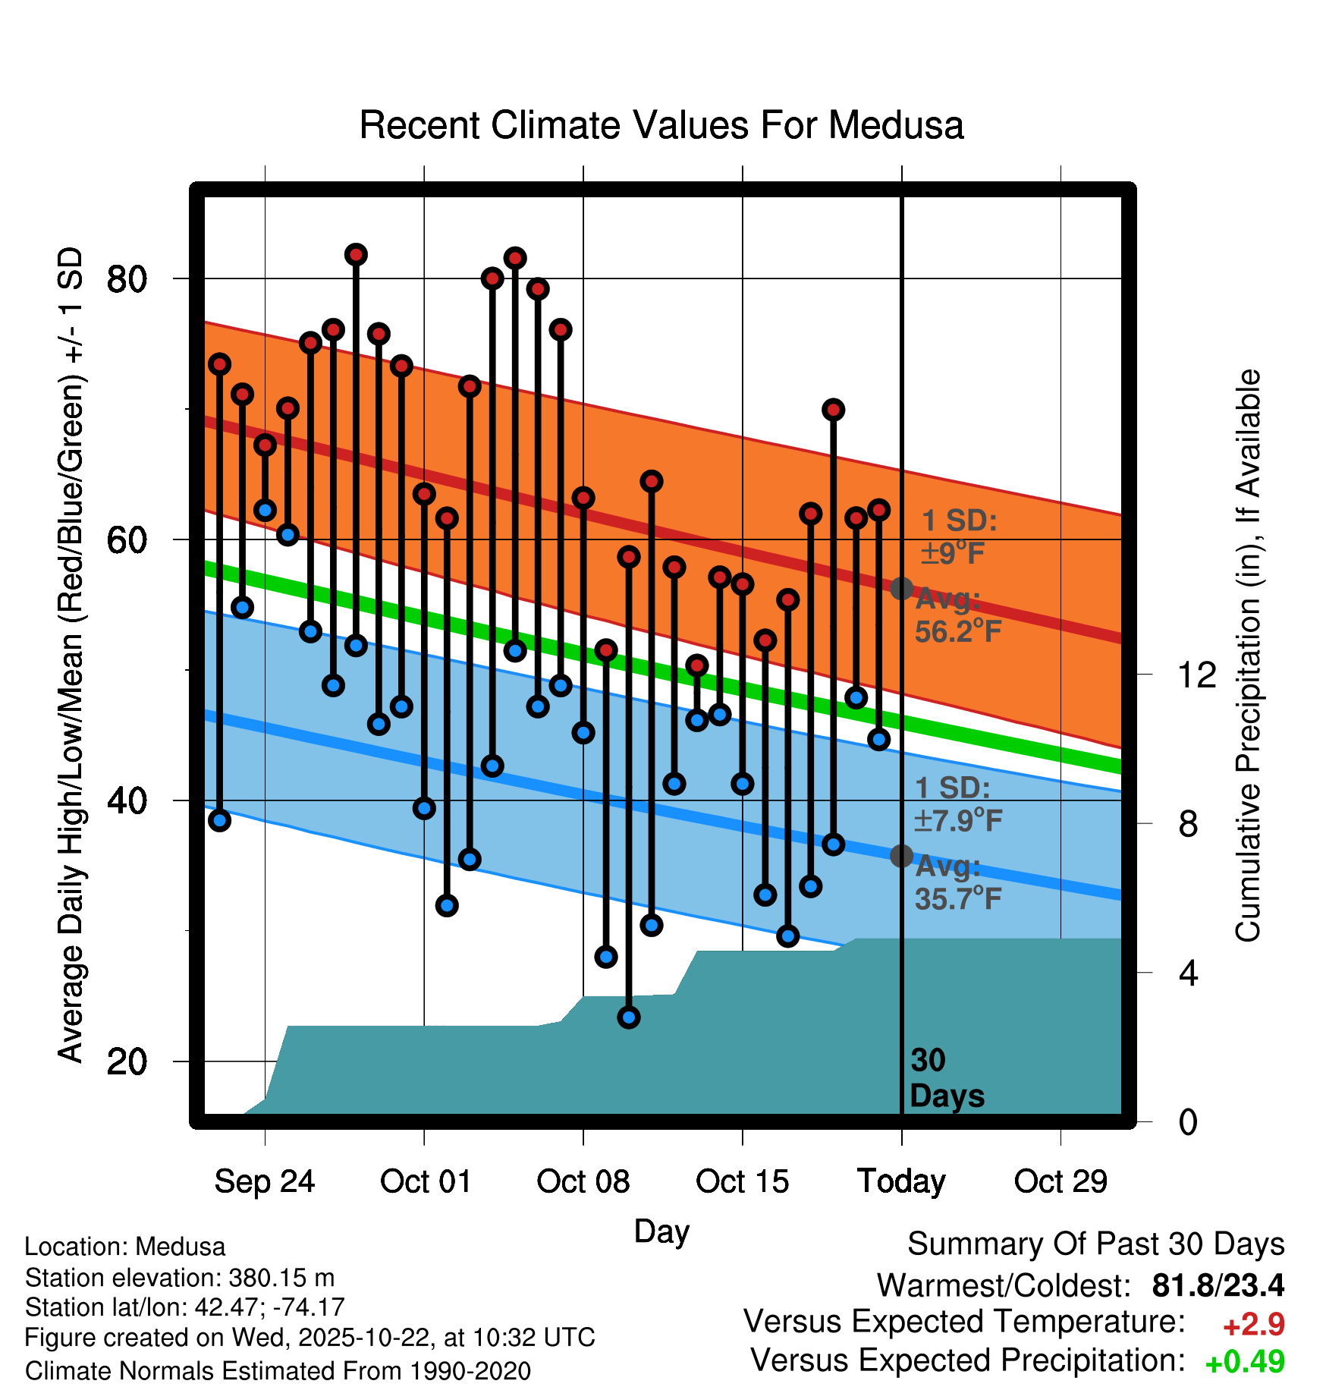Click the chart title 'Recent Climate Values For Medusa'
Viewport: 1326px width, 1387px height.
click(661, 126)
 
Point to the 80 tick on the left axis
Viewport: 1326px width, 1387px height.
click(127, 279)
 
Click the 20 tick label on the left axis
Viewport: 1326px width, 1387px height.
click(127, 1061)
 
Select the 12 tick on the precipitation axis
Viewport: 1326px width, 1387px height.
click(1197, 675)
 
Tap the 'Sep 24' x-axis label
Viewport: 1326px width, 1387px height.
click(264, 1182)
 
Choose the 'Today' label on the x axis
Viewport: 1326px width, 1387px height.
click(901, 1182)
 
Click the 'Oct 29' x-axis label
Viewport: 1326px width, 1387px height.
click(1060, 1182)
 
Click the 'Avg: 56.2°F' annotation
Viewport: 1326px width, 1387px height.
click(957, 615)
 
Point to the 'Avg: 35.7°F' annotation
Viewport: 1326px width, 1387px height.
click(957, 882)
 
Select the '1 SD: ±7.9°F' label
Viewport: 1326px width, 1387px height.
click(957, 804)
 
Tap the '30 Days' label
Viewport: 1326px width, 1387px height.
click(946, 1078)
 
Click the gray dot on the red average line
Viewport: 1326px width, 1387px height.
click(901, 589)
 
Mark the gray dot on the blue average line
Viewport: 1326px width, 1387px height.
click(901, 856)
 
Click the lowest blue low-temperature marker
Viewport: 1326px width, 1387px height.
click(629, 1017)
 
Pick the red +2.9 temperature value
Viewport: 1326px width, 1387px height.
click(1253, 1325)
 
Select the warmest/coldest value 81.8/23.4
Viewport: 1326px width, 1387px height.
click(1218, 1286)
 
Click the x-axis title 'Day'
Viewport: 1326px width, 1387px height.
click(661, 1231)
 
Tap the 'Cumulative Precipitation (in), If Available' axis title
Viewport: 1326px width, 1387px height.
click(1248, 656)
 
